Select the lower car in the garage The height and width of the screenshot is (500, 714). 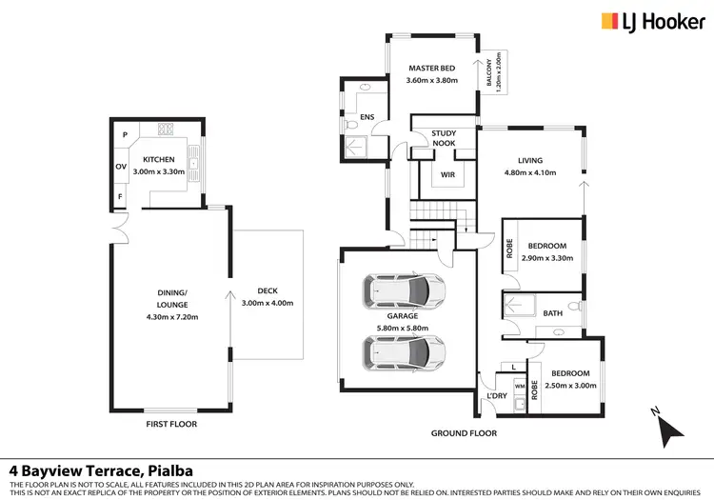tap(404, 351)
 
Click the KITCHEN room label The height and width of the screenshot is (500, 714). tap(159, 160)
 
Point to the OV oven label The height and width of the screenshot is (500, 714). tap(121, 166)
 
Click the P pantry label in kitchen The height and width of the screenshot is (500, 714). tap(125, 135)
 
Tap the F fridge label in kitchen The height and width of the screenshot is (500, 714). tap(121, 197)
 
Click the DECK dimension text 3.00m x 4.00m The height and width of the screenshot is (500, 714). tap(267, 303)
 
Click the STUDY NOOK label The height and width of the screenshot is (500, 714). tap(444, 138)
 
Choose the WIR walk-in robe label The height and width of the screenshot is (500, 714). tap(444, 174)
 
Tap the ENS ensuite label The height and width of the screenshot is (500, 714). tap(367, 118)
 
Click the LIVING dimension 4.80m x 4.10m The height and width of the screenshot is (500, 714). tap(528, 173)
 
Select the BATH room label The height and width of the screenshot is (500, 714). tap(552, 313)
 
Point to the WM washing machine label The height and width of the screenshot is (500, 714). tap(519, 386)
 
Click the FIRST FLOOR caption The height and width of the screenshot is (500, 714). tap(171, 422)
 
